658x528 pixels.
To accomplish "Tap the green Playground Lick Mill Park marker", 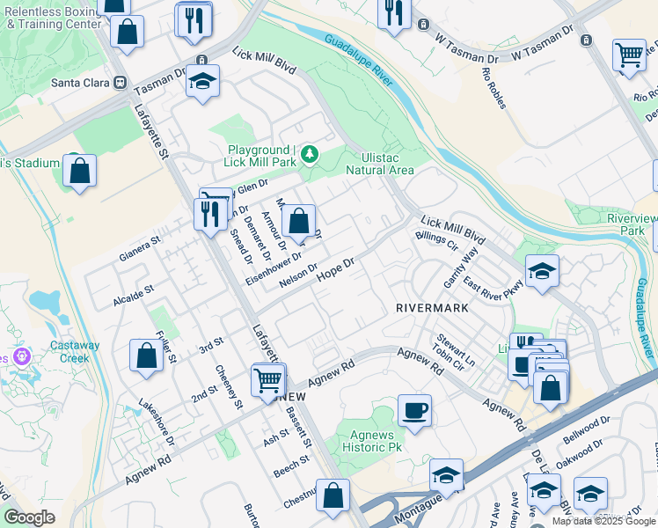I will (x=309, y=156).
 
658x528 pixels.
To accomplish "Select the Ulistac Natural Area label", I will (x=379, y=163).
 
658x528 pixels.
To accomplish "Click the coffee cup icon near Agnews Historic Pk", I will (x=414, y=410).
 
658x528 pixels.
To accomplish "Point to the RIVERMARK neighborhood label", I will (x=428, y=308).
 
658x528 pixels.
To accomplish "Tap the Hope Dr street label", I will (x=334, y=269).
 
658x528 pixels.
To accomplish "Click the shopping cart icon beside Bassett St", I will (x=268, y=380).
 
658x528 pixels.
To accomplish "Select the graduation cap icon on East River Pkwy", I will (x=542, y=273).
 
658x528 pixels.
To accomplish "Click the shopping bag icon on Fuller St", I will (x=146, y=356).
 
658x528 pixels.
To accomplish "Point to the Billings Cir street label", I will (x=436, y=240).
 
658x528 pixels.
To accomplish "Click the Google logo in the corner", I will (x=30, y=517).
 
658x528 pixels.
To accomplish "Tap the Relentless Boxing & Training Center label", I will (x=53, y=18).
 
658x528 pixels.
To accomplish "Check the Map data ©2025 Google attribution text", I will (x=603, y=521).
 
